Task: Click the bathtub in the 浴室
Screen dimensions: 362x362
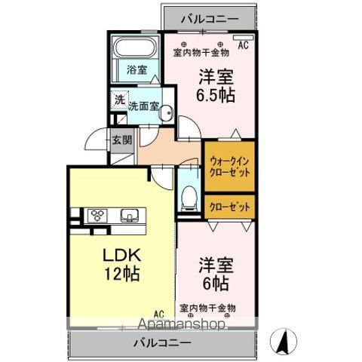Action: tap(136, 48)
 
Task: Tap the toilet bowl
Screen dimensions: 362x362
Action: tap(189, 198)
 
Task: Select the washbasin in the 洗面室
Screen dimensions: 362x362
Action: tap(166, 112)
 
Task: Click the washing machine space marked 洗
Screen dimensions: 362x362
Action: tap(120, 100)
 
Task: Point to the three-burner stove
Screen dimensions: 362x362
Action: tap(97, 215)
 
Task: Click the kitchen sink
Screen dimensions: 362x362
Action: tap(130, 216)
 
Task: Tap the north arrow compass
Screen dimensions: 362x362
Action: tap(284, 342)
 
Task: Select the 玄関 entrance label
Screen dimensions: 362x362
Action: tap(122, 140)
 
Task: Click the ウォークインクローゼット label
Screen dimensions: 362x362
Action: tap(229, 167)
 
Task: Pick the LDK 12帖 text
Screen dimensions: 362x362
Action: tap(121, 265)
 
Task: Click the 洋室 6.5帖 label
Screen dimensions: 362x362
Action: tap(216, 85)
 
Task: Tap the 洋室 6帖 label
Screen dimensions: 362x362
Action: tap(216, 275)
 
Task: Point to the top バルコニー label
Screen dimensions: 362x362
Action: tap(210, 19)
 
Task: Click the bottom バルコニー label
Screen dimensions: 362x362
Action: tap(162, 342)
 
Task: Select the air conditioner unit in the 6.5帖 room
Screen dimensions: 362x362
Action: tap(244, 38)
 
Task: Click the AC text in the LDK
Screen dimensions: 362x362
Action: tap(159, 314)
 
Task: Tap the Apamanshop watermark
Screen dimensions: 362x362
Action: tap(181, 324)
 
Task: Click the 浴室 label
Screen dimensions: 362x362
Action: tap(137, 69)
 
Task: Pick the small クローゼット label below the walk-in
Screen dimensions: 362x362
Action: tap(230, 207)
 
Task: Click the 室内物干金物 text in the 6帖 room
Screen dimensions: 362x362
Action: tap(207, 308)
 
